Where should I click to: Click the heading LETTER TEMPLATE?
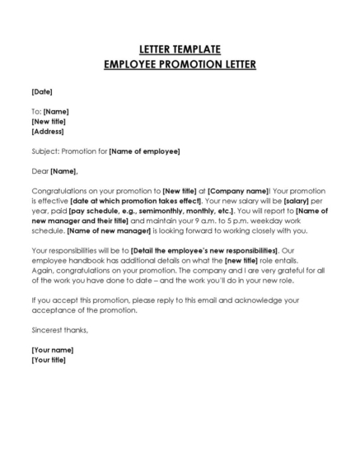(x=180, y=49)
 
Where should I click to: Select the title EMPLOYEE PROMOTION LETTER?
(x=180, y=64)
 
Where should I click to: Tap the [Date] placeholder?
(x=41, y=91)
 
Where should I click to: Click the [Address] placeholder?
(x=47, y=131)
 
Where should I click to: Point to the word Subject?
(x=44, y=151)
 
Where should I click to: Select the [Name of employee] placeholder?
(x=144, y=151)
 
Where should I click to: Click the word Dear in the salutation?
(x=40, y=171)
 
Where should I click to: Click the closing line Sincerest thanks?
(x=59, y=330)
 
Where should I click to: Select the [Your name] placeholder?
(x=49, y=351)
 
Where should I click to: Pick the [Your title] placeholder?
(x=48, y=360)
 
